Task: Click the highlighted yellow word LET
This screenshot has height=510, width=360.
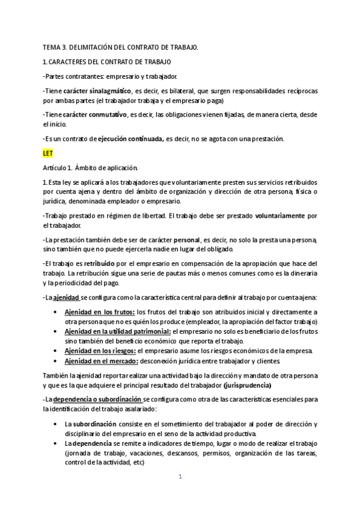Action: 48,153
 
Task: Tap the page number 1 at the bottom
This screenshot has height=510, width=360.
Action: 180,477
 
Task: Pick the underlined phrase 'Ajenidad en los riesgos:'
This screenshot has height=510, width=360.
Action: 100,351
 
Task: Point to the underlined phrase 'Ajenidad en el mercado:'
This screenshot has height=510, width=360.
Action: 102,361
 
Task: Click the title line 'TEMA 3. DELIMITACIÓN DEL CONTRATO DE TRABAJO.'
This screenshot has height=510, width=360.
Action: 120,46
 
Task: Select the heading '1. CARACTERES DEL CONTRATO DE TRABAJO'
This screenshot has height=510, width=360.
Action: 107,61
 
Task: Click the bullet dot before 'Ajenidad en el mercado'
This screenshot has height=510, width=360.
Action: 56,361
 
